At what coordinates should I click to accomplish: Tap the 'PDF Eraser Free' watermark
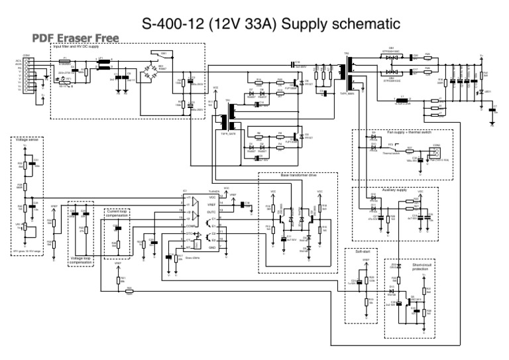pyautogui.click(x=75, y=38)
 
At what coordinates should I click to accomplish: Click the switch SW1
pyautogui.click(x=163, y=53)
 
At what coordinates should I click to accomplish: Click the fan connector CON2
pyautogui.click(x=436, y=152)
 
